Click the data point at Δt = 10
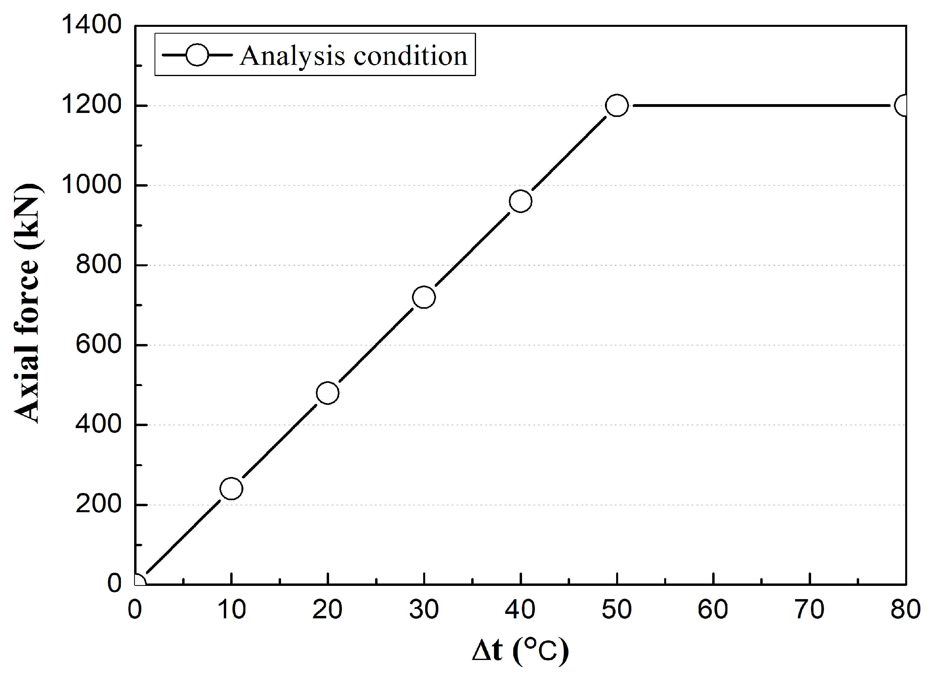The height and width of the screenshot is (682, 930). coord(231,489)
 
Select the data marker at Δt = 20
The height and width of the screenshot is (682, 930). coord(327,392)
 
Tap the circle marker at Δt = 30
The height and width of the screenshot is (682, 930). coord(424,297)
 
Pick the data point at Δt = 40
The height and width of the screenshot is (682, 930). coord(520,201)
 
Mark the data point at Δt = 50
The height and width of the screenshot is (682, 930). coord(617,106)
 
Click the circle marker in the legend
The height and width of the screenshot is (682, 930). coord(197,55)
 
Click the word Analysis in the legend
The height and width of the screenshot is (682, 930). coord(292,56)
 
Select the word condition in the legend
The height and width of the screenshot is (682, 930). coord(410,56)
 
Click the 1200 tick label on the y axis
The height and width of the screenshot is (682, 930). coord(91,105)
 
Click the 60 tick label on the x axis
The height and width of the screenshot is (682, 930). coord(713,610)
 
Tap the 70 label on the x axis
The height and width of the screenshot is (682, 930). coord(809,610)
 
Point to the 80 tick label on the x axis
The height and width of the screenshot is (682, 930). coord(905,610)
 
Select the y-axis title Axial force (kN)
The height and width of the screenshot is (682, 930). coord(28,304)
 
